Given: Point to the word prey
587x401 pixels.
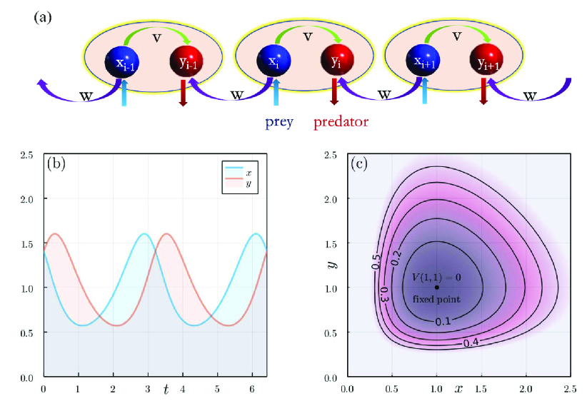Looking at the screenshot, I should [x=279, y=121].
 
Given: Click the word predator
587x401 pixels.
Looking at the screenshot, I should [x=341, y=121].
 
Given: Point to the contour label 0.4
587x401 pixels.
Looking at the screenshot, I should [x=471, y=343].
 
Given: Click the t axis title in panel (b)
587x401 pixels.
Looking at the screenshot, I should [x=166, y=389].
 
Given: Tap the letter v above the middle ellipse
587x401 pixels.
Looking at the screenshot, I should [x=308, y=35].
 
